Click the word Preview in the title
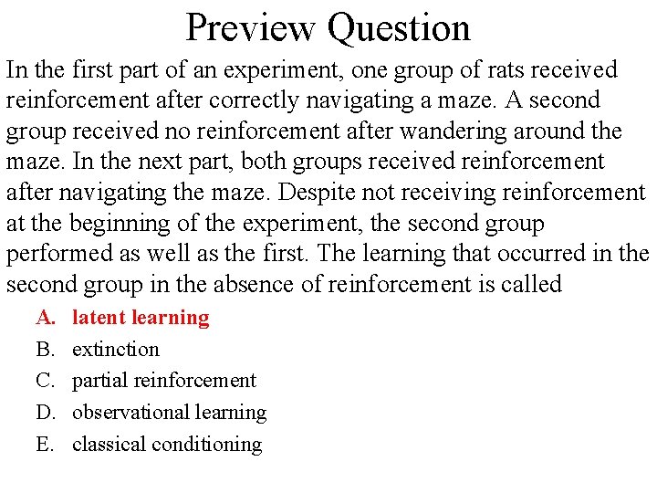(251, 27)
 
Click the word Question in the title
(399, 27)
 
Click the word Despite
(316, 193)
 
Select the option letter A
(46, 318)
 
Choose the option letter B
(45, 349)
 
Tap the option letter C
(45, 381)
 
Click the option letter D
(46, 413)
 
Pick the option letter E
(45, 445)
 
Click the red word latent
(99, 318)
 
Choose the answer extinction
(116, 349)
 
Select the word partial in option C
(99, 381)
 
